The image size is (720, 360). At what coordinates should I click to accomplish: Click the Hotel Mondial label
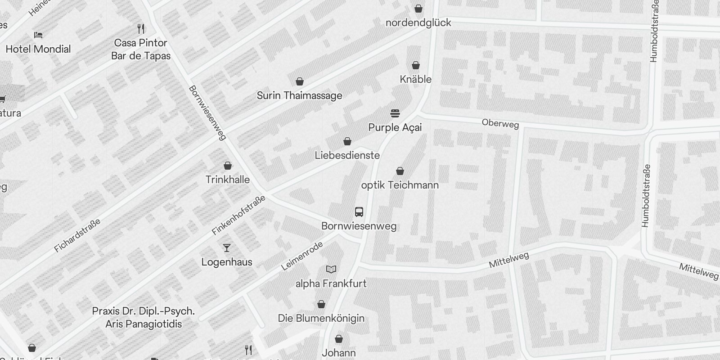pyautogui.click(x=38, y=49)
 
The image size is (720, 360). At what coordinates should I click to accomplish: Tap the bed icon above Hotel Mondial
pyautogui.click(x=38, y=35)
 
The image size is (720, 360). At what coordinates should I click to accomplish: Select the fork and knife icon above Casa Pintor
pyautogui.click(x=141, y=29)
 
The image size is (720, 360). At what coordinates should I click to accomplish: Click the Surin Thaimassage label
pyautogui.click(x=299, y=95)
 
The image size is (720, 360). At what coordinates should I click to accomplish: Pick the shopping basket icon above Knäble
pyautogui.click(x=416, y=66)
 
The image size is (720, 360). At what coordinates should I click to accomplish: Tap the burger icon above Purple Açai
pyautogui.click(x=395, y=113)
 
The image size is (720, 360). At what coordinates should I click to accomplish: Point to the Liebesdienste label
pyautogui.click(x=347, y=155)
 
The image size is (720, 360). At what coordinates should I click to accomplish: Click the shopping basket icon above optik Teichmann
pyautogui.click(x=400, y=171)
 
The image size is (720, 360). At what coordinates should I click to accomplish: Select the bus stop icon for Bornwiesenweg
pyautogui.click(x=359, y=211)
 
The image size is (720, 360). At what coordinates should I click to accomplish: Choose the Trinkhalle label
pyautogui.click(x=227, y=180)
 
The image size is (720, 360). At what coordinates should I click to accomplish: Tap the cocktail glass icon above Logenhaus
pyautogui.click(x=227, y=248)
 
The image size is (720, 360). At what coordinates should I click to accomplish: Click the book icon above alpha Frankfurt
pyautogui.click(x=331, y=270)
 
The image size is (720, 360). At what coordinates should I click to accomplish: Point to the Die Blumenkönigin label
pyautogui.click(x=321, y=318)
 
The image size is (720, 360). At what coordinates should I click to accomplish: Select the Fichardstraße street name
pyautogui.click(x=77, y=235)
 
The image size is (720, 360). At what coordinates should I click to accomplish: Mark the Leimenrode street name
pyautogui.click(x=302, y=256)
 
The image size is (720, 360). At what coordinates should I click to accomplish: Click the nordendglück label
pyautogui.click(x=418, y=22)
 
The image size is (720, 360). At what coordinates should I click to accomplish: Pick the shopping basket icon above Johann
pyautogui.click(x=339, y=339)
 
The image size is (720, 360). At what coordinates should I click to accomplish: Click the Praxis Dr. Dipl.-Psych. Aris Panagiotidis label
pyautogui.click(x=144, y=317)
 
